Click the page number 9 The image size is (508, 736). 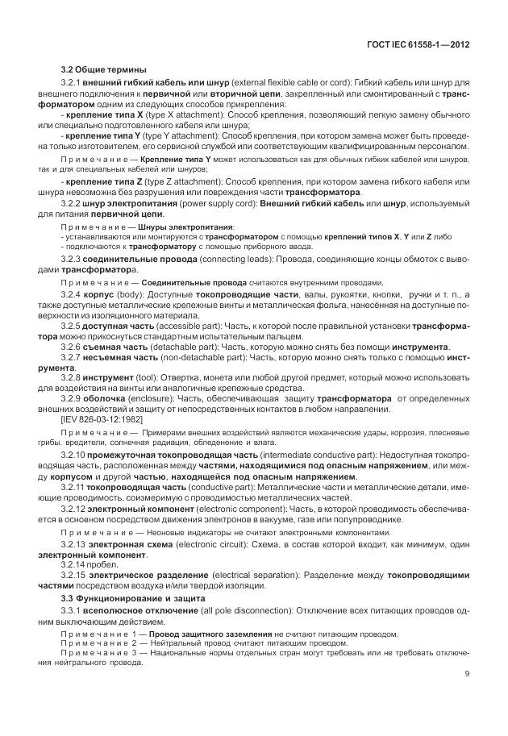coord(466,674)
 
